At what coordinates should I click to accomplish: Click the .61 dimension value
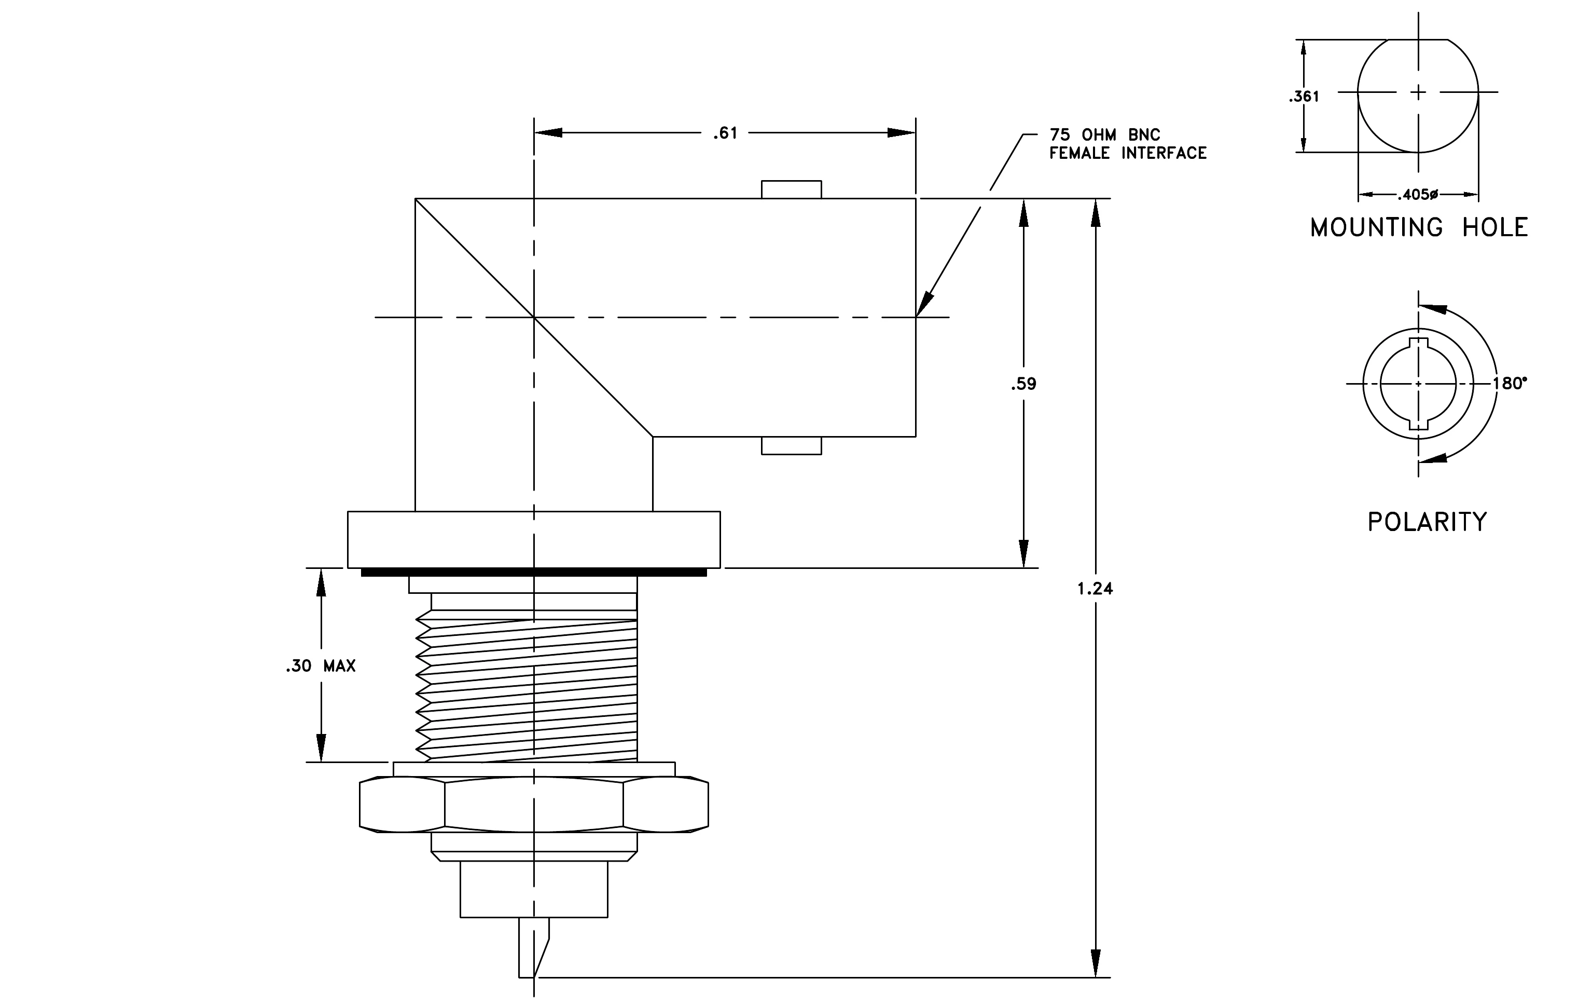[725, 133]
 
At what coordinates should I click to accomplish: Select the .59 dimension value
[1023, 384]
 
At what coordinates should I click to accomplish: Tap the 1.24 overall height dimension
[1095, 589]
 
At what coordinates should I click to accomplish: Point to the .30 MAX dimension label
[321, 666]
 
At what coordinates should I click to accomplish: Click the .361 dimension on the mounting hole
[1304, 97]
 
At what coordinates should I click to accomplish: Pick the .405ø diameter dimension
[1418, 195]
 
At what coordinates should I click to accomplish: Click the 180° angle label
[1510, 384]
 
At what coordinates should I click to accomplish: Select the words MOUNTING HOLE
[1419, 227]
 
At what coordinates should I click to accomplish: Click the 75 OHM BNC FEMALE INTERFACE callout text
[1128, 144]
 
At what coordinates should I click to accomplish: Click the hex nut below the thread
[534, 804]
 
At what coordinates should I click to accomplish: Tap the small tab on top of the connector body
[792, 189]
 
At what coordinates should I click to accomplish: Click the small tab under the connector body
[792, 446]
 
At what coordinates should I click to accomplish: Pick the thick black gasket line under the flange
[534, 572]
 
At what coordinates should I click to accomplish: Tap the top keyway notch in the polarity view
[1418, 343]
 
